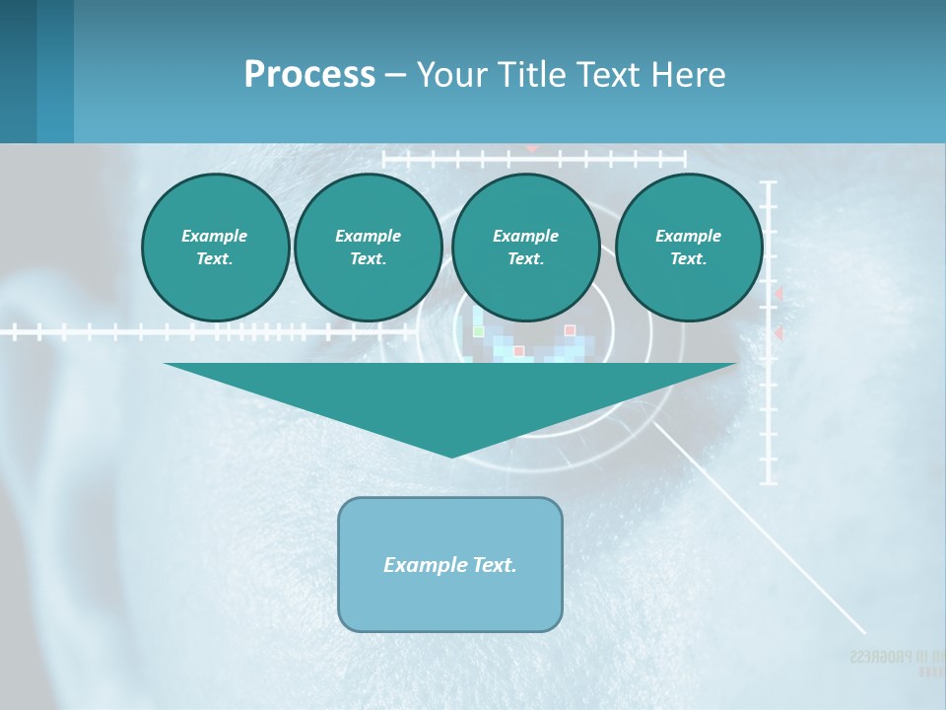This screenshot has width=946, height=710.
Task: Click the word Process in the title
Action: (x=309, y=75)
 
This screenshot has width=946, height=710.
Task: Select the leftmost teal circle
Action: (x=215, y=247)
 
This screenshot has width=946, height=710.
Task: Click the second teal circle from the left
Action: (x=368, y=247)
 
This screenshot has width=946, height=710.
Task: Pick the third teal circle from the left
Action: (x=525, y=247)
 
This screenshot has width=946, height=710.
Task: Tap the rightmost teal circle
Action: (x=688, y=247)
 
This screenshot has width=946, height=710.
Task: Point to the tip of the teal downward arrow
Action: (x=451, y=455)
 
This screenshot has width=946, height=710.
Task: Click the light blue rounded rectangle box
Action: (x=450, y=564)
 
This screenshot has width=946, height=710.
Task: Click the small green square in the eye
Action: (x=478, y=331)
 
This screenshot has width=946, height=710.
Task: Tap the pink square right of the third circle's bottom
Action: (x=570, y=330)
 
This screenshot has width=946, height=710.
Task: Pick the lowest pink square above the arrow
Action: (x=519, y=351)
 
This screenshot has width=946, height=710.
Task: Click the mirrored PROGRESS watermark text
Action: (x=887, y=657)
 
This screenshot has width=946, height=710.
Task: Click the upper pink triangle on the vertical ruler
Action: (x=777, y=294)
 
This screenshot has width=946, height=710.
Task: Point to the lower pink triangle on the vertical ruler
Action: (x=777, y=334)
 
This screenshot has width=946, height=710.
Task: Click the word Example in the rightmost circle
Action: (x=688, y=236)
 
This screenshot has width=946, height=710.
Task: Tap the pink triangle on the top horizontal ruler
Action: (x=532, y=148)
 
